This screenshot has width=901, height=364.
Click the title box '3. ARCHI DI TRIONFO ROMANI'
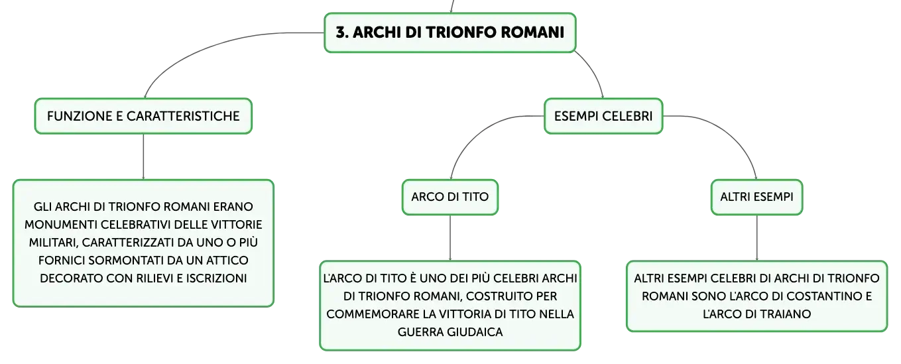(450, 32)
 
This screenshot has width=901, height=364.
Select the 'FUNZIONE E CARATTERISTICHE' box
(143, 116)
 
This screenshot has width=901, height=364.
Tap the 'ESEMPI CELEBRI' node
(603, 116)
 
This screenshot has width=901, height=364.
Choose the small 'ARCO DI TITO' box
(450, 197)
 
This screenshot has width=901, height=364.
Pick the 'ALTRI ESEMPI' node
(756, 197)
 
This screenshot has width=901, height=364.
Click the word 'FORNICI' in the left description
(62, 261)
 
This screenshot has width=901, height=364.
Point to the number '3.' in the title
(342, 32)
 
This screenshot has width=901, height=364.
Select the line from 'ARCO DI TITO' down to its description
(450, 238)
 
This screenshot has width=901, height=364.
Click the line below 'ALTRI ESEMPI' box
(756, 238)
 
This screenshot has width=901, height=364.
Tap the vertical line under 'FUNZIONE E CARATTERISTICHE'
(143, 156)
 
